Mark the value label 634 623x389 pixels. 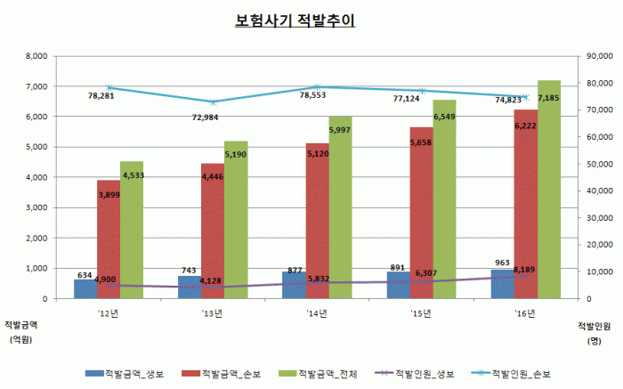click(85, 275)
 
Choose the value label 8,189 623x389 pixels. click(523, 293)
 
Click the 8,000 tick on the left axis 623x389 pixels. click(34, 55)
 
